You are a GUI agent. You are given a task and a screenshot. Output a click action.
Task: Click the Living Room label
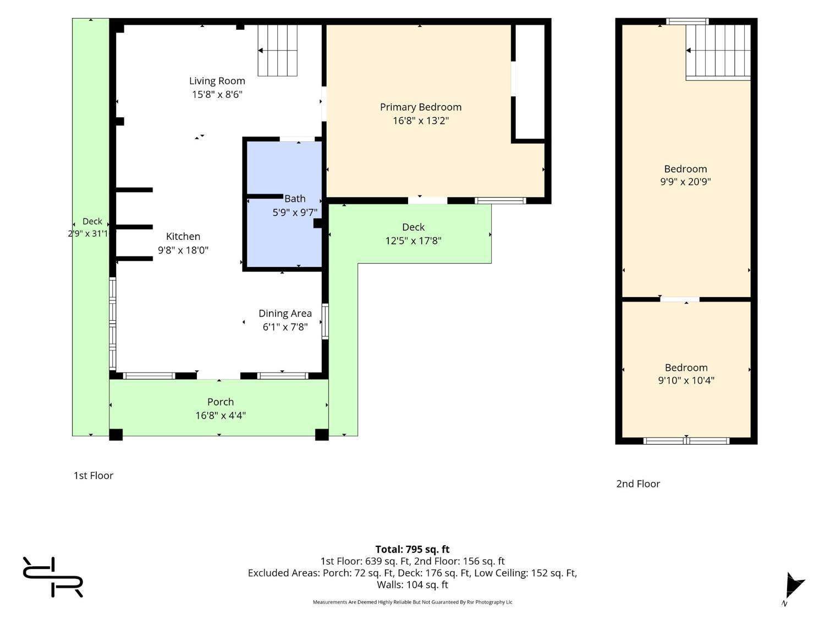pyautogui.click(x=217, y=81)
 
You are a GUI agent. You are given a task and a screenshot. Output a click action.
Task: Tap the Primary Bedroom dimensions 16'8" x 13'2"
pyautogui.click(x=421, y=120)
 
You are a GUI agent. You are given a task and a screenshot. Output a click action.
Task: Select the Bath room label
pyautogui.click(x=295, y=199)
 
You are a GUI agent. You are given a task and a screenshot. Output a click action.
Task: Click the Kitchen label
pyautogui.click(x=183, y=237)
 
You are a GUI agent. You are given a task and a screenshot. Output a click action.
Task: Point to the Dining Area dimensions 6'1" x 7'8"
pyautogui.click(x=285, y=327)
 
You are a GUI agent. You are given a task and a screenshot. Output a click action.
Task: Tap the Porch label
pyautogui.click(x=220, y=402)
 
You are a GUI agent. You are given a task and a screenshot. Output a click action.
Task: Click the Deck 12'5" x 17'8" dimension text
pyautogui.click(x=413, y=240)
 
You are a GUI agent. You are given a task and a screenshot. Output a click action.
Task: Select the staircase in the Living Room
pyautogui.click(x=277, y=51)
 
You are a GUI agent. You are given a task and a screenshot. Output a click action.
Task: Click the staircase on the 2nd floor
pyautogui.click(x=718, y=52)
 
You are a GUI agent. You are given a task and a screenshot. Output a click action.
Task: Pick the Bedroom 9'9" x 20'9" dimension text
pyautogui.click(x=685, y=182)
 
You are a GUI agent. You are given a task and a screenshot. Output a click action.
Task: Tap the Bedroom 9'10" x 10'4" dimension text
pyautogui.click(x=686, y=380)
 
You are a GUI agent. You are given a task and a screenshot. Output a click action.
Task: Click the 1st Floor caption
pyautogui.click(x=93, y=475)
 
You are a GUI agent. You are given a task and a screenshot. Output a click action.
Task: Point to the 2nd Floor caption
pyautogui.click(x=638, y=484)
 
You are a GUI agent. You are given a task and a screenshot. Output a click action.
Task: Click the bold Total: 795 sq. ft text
pyautogui.click(x=413, y=550)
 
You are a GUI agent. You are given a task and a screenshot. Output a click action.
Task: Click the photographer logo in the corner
pyautogui.click(x=53, y=577)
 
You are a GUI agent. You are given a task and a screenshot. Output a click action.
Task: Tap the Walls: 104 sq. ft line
pyautogui.click(x=413, y=585)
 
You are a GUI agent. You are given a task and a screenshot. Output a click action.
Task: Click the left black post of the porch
pyautogui.click(x=116, y=435)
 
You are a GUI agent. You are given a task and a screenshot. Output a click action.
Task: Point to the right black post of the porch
pyautogui.click(x=322, y=435)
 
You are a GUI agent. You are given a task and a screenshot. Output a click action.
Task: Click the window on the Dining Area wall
pyautogui.click(x=325, y=321)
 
